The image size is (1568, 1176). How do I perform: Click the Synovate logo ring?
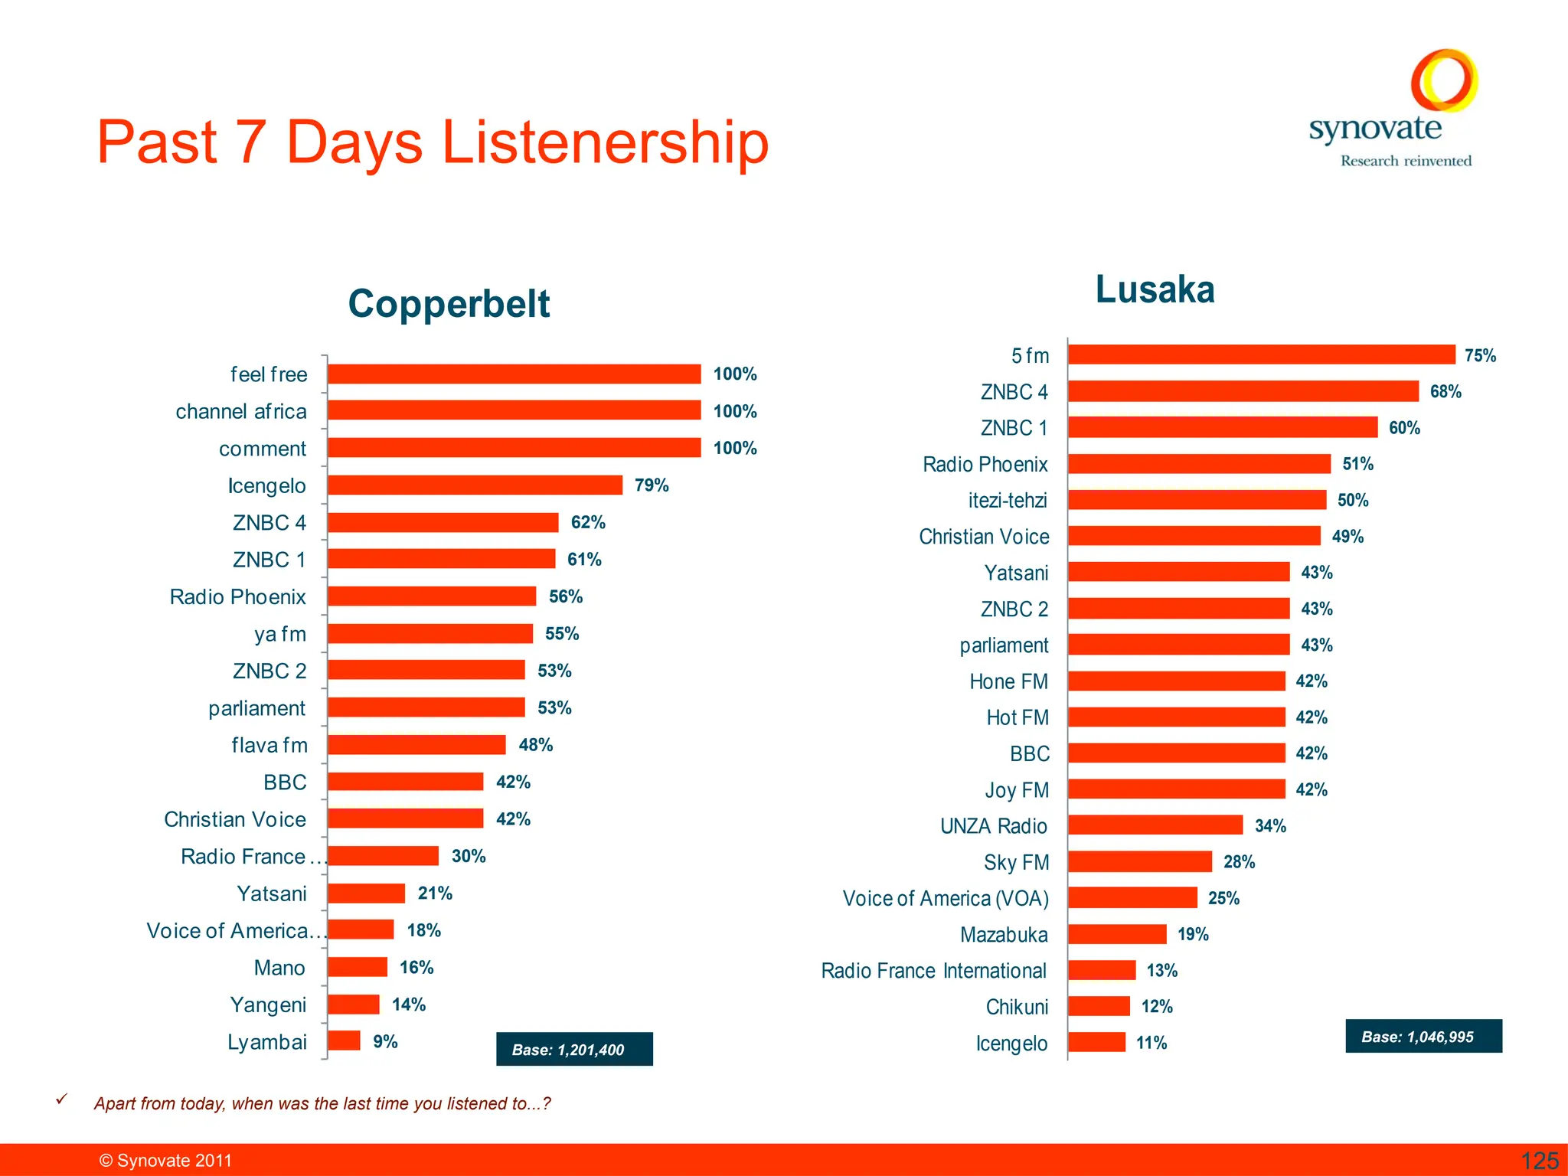point(1444,80)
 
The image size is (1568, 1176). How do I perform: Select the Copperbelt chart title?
point(449,303)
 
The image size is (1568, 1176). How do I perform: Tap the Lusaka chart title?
point(1155,289)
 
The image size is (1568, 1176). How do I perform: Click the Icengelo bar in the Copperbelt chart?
point(475,485)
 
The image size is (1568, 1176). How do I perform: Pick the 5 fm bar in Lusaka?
point(1261,354)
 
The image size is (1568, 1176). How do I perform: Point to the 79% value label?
point(652,485)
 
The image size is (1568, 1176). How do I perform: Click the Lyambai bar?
point(344,1040)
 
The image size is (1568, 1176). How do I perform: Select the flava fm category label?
point(269,745)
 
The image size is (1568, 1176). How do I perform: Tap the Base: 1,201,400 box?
point(574,1049)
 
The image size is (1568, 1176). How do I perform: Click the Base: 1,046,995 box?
point(1423,1036)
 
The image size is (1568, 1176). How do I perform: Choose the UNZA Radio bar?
point(1155,825)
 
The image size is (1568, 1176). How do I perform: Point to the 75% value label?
point(1480,355)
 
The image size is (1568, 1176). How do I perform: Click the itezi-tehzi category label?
point(1008,500)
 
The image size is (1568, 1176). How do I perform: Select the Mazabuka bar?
point(1117,934)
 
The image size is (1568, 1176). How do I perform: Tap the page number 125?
point(1539,1161)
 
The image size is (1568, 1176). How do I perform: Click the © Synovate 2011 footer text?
point(165,1161)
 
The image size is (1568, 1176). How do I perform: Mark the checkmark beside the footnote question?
point(62,1099)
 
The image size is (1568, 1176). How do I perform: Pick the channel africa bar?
point(514,410)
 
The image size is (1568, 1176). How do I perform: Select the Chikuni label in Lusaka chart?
point(1017,1007)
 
